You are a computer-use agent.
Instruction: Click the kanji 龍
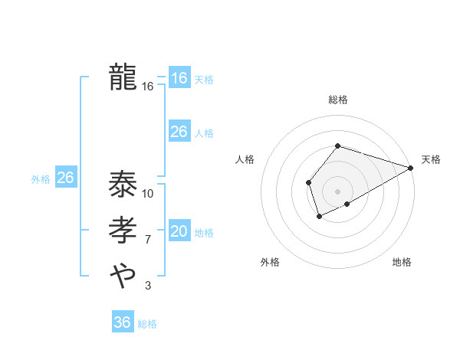(x=123, y=77)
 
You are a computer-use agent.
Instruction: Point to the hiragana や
(x=123, y=274)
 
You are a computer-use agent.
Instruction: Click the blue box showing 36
(x=123, y=322)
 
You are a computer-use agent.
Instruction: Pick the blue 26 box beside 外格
(x=66, y=178)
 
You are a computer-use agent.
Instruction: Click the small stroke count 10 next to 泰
(x=148, y=193)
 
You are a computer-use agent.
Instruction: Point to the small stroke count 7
(x=147, y=240)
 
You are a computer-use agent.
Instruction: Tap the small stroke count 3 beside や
(x=147, y=286)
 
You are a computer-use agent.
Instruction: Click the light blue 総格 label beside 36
(x=147, y=324)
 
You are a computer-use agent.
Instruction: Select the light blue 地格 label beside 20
(x=204, y=233)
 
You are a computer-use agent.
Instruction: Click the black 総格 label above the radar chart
(x=337, y=100)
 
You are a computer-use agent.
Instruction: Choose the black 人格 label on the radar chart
(x=245, y=159)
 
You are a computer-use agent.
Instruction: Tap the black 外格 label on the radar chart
(x=270, y=262)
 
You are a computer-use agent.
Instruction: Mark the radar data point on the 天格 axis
(x=411, y=168)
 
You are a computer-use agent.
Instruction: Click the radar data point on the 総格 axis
(x=337, y=146)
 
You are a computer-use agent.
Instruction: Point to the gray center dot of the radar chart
(x=337, y=191)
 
